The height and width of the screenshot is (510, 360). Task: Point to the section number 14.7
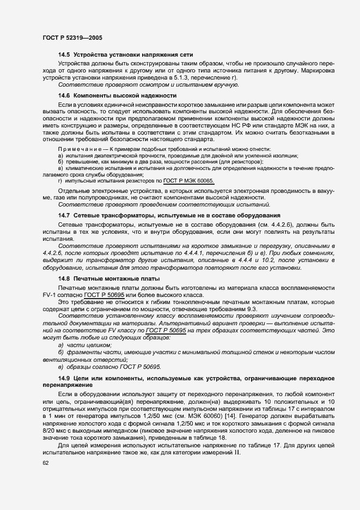[64, 216]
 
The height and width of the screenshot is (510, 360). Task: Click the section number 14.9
[64, 378]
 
